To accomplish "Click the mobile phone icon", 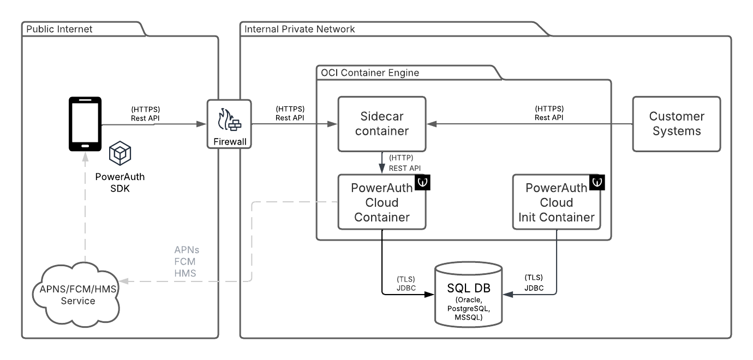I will pos(85,124).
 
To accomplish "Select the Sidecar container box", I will pos(381,124).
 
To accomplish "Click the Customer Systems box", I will pos(677,124).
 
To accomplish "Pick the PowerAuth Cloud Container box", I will pos(381,202).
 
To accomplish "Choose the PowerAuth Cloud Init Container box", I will pos(556,202).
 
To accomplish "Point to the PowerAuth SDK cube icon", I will pos(119,154).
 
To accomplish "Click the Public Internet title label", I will pos(60,29).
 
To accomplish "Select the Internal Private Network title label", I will pos(300,29).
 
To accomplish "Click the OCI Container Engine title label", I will pos(369,73).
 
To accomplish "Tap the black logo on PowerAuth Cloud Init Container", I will pos(597,182).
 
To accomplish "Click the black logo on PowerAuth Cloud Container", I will pos(423,182).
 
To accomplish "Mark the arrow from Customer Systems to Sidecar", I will pos(529,124).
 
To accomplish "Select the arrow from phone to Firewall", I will pos(153,124).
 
